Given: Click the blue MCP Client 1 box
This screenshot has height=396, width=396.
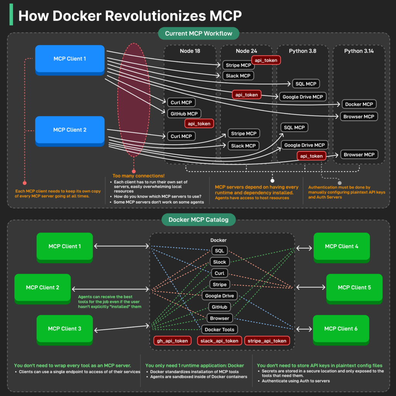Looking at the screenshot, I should tap(70, 59).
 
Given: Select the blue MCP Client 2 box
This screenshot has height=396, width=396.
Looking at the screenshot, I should tap(70, 130).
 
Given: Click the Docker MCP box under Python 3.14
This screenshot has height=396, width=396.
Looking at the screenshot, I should tap(359, 104).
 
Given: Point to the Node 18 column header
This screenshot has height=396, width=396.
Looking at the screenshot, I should tap(190, 51).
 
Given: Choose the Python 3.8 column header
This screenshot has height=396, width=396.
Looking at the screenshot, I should tap(302, 51).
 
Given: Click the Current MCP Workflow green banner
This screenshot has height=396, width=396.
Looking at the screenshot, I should tap(198, 33).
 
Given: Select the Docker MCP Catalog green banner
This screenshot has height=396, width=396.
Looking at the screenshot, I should tap(198, 220).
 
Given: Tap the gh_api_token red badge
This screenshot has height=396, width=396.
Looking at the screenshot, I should tap(172, 341).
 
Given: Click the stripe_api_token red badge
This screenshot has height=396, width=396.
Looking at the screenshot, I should tap(267, 341).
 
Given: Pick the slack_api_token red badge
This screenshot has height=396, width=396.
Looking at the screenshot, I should tap(220, 341).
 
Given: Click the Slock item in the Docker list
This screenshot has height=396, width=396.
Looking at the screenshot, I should tap(219, 262).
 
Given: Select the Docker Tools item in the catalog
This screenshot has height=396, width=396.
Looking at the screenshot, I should tap(219, 329).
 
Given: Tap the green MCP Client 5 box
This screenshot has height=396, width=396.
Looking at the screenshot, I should tap(354, 287).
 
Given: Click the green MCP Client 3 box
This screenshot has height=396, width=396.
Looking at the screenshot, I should tap(65, 329).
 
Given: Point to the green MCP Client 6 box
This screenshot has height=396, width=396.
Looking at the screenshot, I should tap(341, 329).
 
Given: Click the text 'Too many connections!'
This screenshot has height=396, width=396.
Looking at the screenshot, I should tap(138, 176).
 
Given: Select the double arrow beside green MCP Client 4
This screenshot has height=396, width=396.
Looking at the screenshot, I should tap(304, 247).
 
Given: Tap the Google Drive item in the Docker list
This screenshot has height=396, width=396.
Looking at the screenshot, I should tap(219, 296).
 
